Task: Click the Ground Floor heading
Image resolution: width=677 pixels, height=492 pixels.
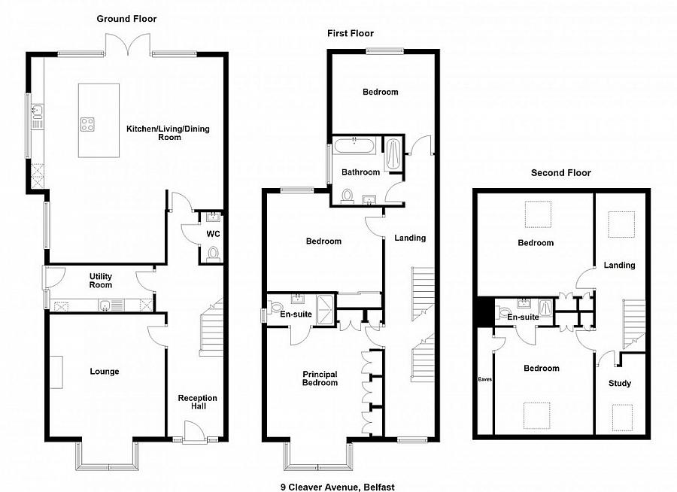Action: point(126,19)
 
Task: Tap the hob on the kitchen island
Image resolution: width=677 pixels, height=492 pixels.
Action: point(87,124)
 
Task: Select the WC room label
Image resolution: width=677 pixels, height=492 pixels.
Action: point(213,234)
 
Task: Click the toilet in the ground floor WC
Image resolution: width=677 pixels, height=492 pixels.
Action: point(213,254)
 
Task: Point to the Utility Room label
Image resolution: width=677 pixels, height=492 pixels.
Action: point(101,281)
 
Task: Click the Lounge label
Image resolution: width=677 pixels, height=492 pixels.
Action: point(105,372)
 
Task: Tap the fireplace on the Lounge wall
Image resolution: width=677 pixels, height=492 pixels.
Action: point(56,372)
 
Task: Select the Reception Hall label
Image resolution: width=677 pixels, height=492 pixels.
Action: point(198,402)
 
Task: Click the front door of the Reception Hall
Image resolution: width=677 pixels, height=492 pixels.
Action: point(194,431)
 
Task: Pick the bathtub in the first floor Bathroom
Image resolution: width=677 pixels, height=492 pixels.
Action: point(354,146)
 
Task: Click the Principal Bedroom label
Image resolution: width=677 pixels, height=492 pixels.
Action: point(320,378)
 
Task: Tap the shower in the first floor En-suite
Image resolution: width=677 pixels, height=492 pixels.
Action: point(326,309)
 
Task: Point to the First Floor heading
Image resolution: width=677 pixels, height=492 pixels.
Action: point(350,33)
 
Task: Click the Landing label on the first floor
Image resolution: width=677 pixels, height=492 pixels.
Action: point(410,238)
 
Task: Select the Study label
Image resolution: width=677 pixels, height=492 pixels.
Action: point(620,383)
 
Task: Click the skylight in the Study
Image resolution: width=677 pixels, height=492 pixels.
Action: point(622,418)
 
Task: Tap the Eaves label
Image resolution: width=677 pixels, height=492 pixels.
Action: point(485,379)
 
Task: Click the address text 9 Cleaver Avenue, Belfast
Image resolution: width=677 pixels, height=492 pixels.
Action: point(338,487)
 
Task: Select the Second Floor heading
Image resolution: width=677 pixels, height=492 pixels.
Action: point(561,173)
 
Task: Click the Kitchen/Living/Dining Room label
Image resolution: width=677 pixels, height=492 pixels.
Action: point(168,133)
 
